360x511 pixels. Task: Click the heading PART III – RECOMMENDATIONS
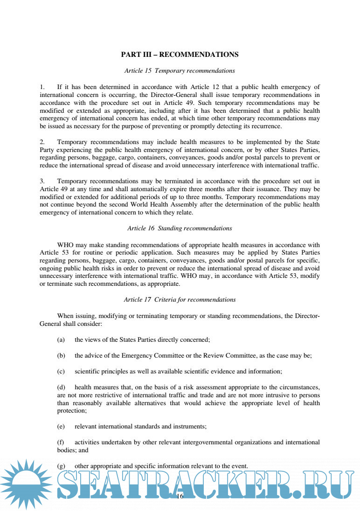tap(180, 55)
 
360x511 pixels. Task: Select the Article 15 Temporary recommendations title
tap(180, 71)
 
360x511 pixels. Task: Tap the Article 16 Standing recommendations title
tap(180, 228)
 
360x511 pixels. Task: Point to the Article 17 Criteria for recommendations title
tap(180, 300)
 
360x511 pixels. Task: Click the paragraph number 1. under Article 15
tap(42, 87)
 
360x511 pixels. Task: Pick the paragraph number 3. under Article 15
tap(42, 180)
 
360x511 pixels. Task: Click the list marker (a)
tap(61, 340)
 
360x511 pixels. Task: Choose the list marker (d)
tap(61, 387)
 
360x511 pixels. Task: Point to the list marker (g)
tap(61, 466)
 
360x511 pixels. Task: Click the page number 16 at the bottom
tap(180, 497)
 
